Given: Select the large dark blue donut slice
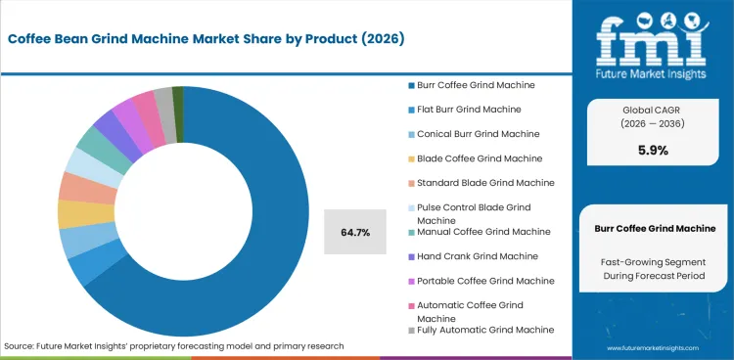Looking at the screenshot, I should pos(245,284).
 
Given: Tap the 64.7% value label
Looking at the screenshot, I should pos(354,233).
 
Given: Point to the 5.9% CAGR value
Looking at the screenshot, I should pos(655,151).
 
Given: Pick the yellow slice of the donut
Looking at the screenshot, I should pos(71,214).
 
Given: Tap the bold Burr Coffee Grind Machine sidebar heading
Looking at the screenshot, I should pos(655,228).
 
